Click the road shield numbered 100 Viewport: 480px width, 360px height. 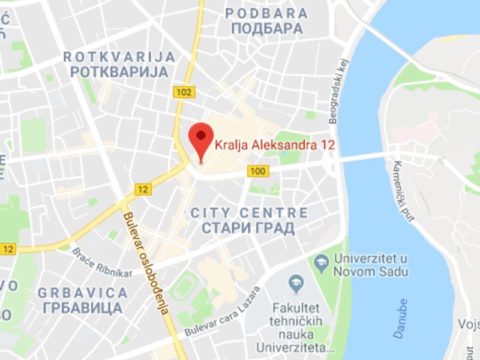[x=258, y=172]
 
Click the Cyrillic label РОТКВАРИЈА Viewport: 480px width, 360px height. [x=119, y=72]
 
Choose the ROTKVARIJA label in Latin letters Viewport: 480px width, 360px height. [x=119, y=57]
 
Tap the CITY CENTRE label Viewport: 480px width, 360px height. [x=248, y=213]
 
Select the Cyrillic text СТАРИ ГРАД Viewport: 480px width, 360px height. [x=248, y=229]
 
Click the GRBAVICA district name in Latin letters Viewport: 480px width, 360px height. [x=82, y=293]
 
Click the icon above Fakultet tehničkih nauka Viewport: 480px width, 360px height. [x=295, y=280]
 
